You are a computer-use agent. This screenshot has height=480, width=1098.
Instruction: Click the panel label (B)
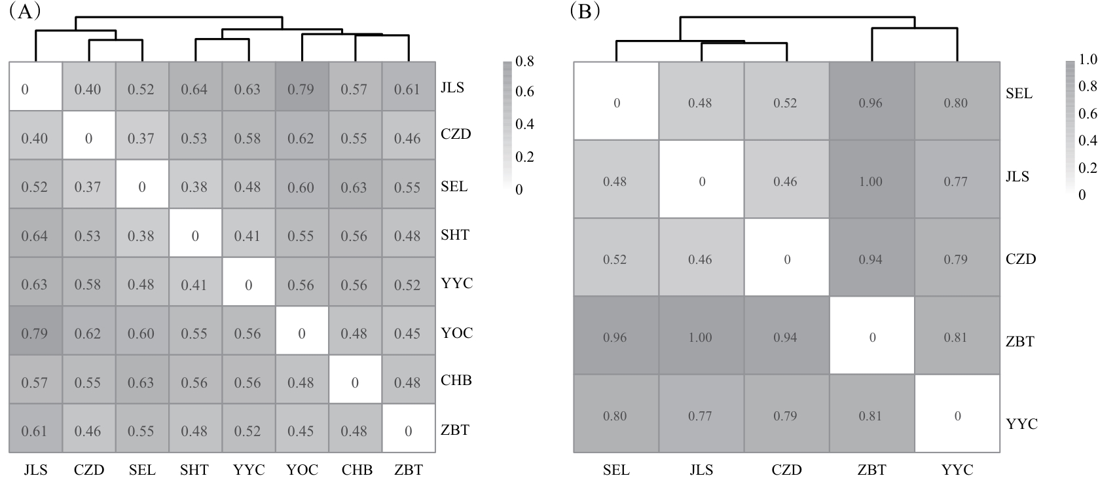click(x=585, y=11)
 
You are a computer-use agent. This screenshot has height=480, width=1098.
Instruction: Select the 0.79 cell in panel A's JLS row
click(x=301, y=89)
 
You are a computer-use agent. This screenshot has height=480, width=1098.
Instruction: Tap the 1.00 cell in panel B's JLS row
click(x=871, y=181)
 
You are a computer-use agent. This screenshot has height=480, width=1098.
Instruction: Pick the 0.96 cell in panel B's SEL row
click(x=871, y=103)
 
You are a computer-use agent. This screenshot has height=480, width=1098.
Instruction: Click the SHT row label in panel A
click(x=454, y=235)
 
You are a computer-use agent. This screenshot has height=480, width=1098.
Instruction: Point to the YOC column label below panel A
click(x=302, y=470)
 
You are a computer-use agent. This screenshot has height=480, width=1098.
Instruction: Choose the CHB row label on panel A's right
click(x=456, y=380)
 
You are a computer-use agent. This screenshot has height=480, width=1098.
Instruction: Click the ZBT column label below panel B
click(x=871, y=470)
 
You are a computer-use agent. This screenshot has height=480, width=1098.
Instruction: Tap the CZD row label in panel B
click(x=1021, y=259)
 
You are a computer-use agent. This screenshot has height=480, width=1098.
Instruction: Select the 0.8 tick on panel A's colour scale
click(x=524, y=62)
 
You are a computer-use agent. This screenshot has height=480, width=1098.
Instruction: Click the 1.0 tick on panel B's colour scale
click(x=1088, y=60)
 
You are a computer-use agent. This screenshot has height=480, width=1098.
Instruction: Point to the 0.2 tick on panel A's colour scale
click(x=524, y=157)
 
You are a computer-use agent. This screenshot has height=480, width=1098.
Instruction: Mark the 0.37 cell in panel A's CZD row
click(x=141, y=138)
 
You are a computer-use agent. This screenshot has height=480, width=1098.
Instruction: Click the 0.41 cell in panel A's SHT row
click(x=247, y=236)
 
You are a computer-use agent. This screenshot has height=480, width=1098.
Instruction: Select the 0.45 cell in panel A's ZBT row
click(x=301, y=431)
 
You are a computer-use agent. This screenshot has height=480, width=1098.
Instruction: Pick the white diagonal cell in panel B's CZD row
click(x=786, y=259)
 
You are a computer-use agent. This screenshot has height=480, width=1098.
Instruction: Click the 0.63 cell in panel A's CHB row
click(x=141, y=382)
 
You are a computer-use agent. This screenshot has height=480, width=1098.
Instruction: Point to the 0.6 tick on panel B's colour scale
click(x=1088, y=114)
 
